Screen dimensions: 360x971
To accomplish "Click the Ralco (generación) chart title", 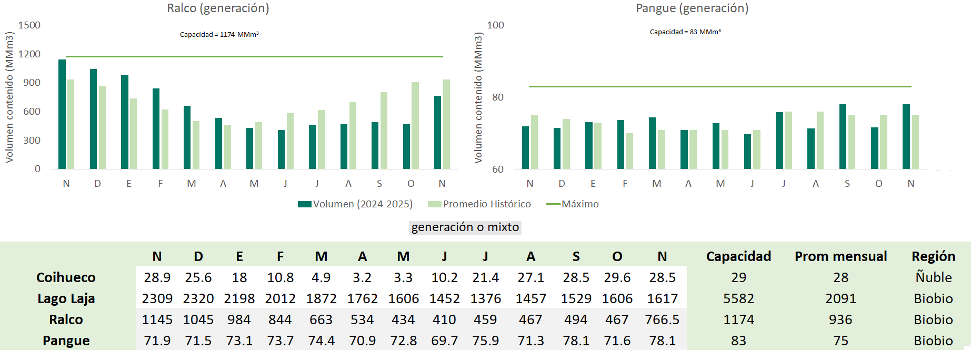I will pyautogui.click(x=218, y=8).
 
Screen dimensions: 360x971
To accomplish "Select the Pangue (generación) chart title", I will pyautogui.click(x=692, y=8).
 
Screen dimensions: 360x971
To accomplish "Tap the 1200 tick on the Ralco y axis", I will pyautogui.click(x=29, y=54).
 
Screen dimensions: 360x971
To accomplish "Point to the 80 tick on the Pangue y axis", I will pyautogui.click(x=497, y=97).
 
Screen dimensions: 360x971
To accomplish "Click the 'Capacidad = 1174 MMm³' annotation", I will pyautogui.click(x=219, y=35).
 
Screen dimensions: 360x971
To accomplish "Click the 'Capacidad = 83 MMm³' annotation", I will pyautogui.click(x=685, y=32).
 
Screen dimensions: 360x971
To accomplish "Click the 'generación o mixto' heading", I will pyautogui.click(x=465, y=227).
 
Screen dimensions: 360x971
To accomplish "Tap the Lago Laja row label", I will pyautogui.click(x=66, y=299).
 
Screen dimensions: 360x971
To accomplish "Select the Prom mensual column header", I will pyautogui.click(x=840, y=257).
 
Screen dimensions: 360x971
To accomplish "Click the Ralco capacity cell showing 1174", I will pyautogui.click(x=738, y=320).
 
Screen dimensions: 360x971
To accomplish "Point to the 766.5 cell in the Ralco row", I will pyautogui.click(x=662, y=320).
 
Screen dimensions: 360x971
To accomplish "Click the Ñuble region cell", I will pyautogui.click(x=933, y=277).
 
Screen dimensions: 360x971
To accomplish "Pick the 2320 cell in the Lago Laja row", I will pyautogui.click(x=198, y=299).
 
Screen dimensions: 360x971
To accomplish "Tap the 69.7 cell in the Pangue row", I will pyautogui.click(x=444, y=341).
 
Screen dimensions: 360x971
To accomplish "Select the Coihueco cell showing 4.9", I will pyautogui.click(x=321, y=278).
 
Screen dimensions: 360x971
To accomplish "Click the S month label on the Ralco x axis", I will pyautogui.click(x=379, y=184).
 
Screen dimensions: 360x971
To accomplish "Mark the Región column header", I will pyautogui.click(x=933, y=257).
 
